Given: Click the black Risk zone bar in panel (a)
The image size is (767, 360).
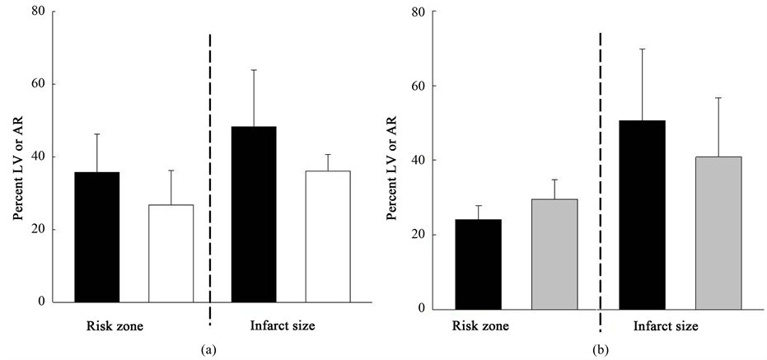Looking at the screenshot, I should pyautogui.click(x=97, y=237).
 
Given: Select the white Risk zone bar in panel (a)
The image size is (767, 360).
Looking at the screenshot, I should pyautogui.click(x=171, y=254).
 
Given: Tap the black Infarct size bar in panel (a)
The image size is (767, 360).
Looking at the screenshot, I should pyautogui.click(x=254, y=214).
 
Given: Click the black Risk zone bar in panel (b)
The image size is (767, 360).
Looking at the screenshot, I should pyautogui.click(x=477, y=264).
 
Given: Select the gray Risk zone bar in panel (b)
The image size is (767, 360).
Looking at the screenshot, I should pyautogui.click(x=554, y=255).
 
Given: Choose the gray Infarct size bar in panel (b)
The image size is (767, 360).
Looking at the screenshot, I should pyautogui.click(x=718, y=233).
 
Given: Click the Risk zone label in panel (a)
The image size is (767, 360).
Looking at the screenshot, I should pyautogui.click(x=115, y=326).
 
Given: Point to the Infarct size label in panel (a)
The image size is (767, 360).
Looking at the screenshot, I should pyautogui.click(x=283, y=326).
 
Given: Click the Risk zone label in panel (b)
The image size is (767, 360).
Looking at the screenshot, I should pyautogui.click(x=480, y=326).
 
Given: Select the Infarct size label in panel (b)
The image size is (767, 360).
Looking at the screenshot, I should pyautogui.click(x=666, y=326).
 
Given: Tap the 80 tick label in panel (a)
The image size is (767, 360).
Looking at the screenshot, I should pyautogui.click(x=36, y=12).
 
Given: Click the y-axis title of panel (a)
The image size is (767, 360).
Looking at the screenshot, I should pyautogui.click(x=16, y=157).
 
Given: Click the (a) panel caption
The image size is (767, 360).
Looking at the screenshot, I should pyautogui.click(x=208, y=350).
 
